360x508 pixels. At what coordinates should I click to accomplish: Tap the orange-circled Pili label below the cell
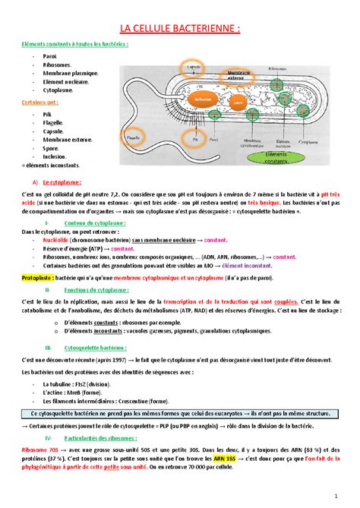pos(195,139)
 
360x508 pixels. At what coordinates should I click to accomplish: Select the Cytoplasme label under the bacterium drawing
pos(330,141)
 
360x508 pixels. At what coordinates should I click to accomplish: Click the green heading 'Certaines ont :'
pos(39,101)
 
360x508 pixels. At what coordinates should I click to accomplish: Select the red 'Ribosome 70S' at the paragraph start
pos(42,450)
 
